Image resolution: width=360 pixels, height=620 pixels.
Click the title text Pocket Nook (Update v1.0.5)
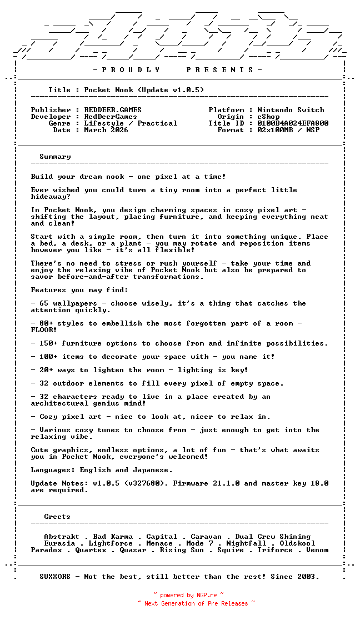coord(144,90)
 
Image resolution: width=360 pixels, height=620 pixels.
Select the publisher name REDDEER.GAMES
coord(113,110)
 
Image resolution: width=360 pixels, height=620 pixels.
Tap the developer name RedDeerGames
coord(111,117)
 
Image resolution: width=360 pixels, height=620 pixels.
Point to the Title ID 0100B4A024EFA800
coord(293,123)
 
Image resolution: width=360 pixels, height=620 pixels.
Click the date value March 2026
coord(106,130)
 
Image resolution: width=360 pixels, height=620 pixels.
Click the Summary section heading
coord(55,157)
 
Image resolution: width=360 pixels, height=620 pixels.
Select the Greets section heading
coord(57,517)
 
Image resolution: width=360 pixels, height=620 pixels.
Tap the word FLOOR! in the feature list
coord(44,330)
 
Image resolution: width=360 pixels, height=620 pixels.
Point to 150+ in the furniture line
coord(48,343)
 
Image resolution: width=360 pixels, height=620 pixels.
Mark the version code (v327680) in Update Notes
coord(142,483)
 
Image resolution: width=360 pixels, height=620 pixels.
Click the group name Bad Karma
coord(113,537)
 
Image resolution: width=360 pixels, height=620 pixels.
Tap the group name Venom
coord(317,550)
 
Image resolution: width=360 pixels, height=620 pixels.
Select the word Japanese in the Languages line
coord(153,470)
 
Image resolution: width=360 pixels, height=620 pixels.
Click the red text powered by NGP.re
coord(188,595)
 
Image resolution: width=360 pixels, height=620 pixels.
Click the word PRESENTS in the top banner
coord(219,70)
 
